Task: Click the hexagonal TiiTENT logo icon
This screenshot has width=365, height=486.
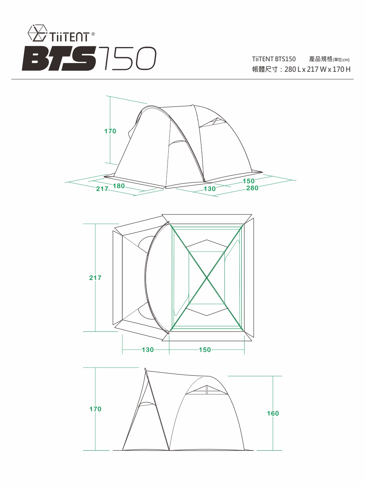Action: click(x=38, y=33)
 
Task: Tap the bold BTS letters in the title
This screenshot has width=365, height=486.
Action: click(x=59, y=58)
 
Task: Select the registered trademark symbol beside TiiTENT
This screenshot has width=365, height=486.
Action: click(x=93, y=34)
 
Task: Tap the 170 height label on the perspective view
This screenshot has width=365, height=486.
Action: click(x=110, y=131)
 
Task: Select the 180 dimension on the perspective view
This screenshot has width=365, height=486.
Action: click(x=119, y=186)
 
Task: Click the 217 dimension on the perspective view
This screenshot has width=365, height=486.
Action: click(x=102, y=189)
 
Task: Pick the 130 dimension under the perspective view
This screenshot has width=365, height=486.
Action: click(x=210, y=189)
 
